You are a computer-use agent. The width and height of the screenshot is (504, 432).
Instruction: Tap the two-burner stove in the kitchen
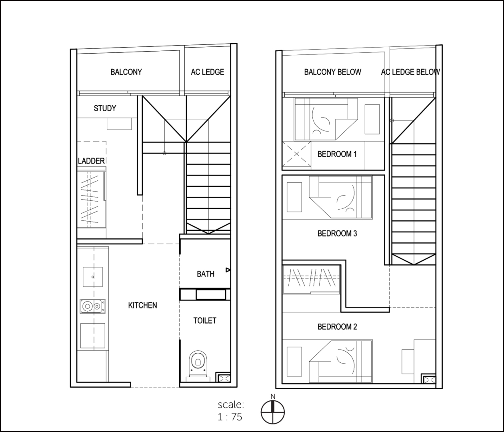click(x=92, y=306)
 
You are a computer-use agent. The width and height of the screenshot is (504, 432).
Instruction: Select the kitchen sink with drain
click(x=92, y=276)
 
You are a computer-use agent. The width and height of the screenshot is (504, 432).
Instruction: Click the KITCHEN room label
click(x=142, y=306)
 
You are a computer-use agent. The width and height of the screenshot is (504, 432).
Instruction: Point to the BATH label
click(x=205, y=274)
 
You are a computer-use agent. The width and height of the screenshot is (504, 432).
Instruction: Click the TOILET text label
click(x=205, y=320)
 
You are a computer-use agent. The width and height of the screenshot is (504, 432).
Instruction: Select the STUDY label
click(x=105, y=108)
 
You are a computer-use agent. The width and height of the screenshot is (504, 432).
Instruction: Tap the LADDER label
click(x=91, y=161)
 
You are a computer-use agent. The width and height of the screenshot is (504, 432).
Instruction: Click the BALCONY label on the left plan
click(x=126, y=72)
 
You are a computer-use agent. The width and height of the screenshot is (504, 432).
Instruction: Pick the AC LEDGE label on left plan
click(x=207, y=72)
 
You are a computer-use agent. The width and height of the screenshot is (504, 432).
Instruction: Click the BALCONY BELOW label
click(x=332, y=72)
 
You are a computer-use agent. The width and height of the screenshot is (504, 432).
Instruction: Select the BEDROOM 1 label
click(x=337, y=154)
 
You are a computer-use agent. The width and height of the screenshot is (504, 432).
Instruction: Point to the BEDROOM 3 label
click(x=337, y=233)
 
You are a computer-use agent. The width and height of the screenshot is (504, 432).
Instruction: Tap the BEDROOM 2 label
click(x=337, y=327)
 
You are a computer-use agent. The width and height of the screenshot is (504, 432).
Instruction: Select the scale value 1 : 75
click(x=230, y=417)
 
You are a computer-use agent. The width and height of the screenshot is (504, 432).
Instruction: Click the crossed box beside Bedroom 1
click(x=296, y=154)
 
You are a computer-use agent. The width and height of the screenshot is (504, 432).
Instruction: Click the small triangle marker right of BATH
click(x=228, y=270)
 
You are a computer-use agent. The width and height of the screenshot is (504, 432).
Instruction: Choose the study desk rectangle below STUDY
click(x=119, y=124)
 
